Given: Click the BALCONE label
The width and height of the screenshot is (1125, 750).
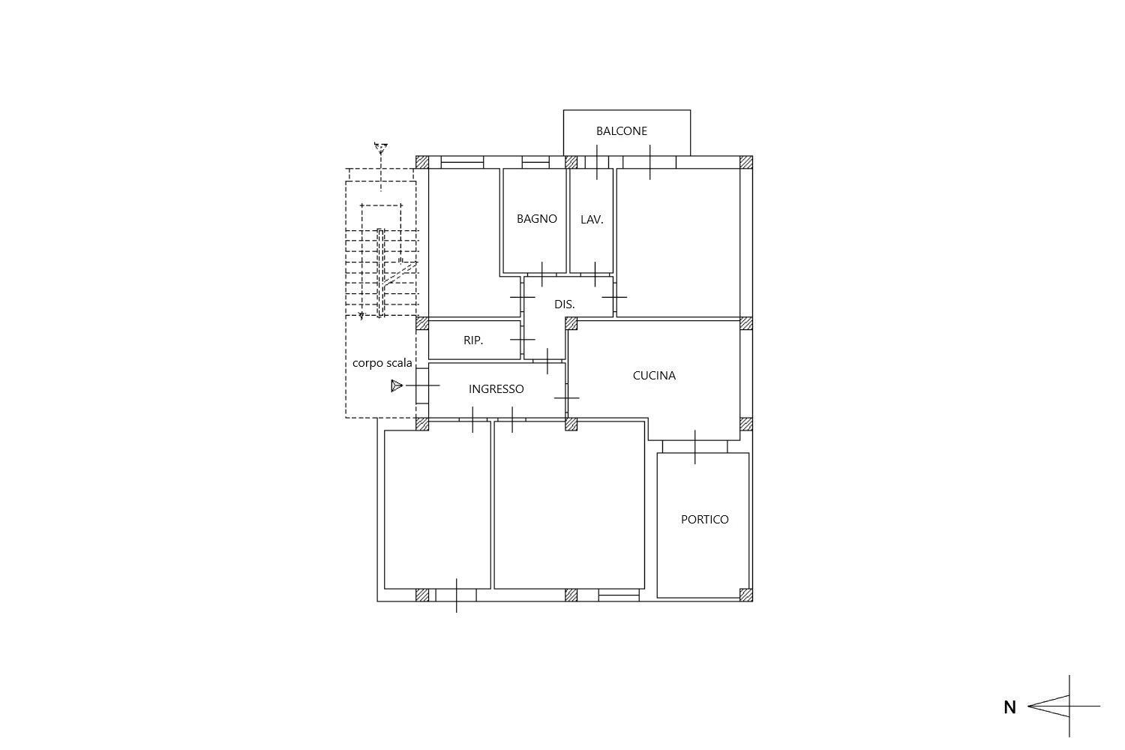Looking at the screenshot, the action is tap(621, 131).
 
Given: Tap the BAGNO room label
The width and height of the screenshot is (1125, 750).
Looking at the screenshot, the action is tap(536, 218).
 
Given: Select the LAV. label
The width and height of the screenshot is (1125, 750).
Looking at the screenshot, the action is tap(592, 220).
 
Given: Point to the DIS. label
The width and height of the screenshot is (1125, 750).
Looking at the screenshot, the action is tap(564, 304).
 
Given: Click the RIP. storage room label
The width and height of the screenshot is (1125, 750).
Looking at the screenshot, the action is tap(473, 340).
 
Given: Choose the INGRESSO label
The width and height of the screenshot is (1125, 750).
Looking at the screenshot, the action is tap(496, 388).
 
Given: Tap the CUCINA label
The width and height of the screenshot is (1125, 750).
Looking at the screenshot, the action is tap(654, 375).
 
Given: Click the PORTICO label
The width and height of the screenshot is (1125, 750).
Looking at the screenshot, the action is tap(705, 520).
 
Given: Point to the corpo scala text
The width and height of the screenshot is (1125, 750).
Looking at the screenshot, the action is tap(382, 363).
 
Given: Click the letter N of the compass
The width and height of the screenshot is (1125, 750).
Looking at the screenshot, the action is tap(1010, 707).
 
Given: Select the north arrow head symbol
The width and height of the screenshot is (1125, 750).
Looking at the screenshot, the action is tap(1048, 706).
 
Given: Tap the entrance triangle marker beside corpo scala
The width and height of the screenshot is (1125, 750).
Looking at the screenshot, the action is tap(397, 385).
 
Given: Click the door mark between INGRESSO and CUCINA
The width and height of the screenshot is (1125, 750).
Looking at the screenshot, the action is tap(566, 397).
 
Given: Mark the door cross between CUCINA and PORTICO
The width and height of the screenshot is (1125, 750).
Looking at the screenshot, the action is tap(695, 446).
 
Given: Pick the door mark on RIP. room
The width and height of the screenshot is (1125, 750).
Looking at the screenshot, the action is tap(522, 340).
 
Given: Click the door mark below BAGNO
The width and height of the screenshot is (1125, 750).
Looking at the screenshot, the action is tap(542, 274).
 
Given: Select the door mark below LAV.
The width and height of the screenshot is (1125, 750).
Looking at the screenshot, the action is tap(595, 274).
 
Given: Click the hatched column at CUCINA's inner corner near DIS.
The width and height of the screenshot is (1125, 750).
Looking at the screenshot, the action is tap(571, 323).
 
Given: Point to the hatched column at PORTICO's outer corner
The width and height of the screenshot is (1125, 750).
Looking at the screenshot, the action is tap(746, 595).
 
